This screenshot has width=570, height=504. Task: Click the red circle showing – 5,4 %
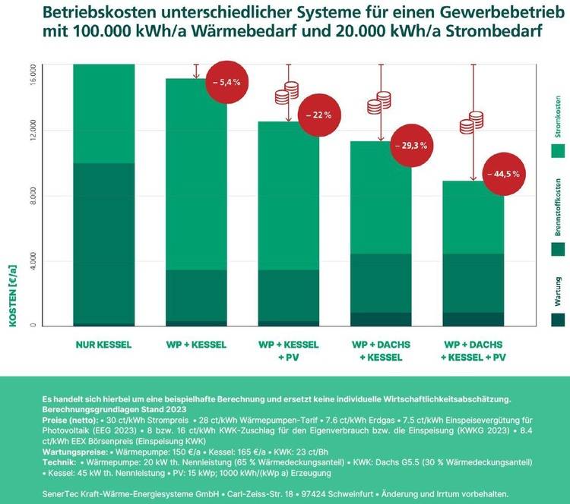[x=226, y=82]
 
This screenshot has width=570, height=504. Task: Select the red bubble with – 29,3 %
[x=410, y=145]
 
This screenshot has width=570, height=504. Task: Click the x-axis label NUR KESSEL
[x=103, y=345]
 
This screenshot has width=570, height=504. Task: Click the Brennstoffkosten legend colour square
[x=558, y=250]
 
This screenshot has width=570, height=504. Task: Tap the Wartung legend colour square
[x=558, y=320]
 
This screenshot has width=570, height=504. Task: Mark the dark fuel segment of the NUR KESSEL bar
[x=103, y=243]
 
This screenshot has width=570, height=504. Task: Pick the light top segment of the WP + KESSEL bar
[x=195, y=175]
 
